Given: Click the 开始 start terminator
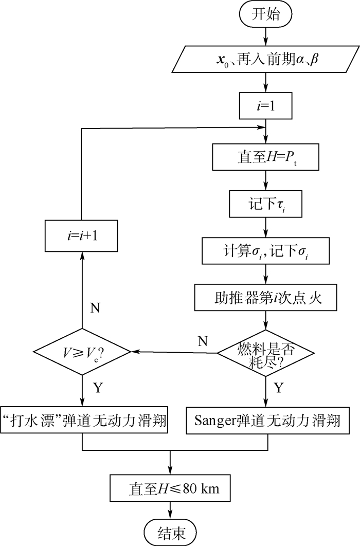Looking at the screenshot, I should tap(266, 14).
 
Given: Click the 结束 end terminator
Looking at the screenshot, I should tap(170, 530).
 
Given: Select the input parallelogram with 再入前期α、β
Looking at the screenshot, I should tap(265, 60).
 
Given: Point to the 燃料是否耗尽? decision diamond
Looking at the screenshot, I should tap(266, 353).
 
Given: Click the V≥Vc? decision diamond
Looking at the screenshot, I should tap(83, 353).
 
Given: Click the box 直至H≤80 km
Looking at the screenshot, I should tap(170, 488).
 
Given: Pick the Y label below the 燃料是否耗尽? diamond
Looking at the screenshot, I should tap(278, 388).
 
